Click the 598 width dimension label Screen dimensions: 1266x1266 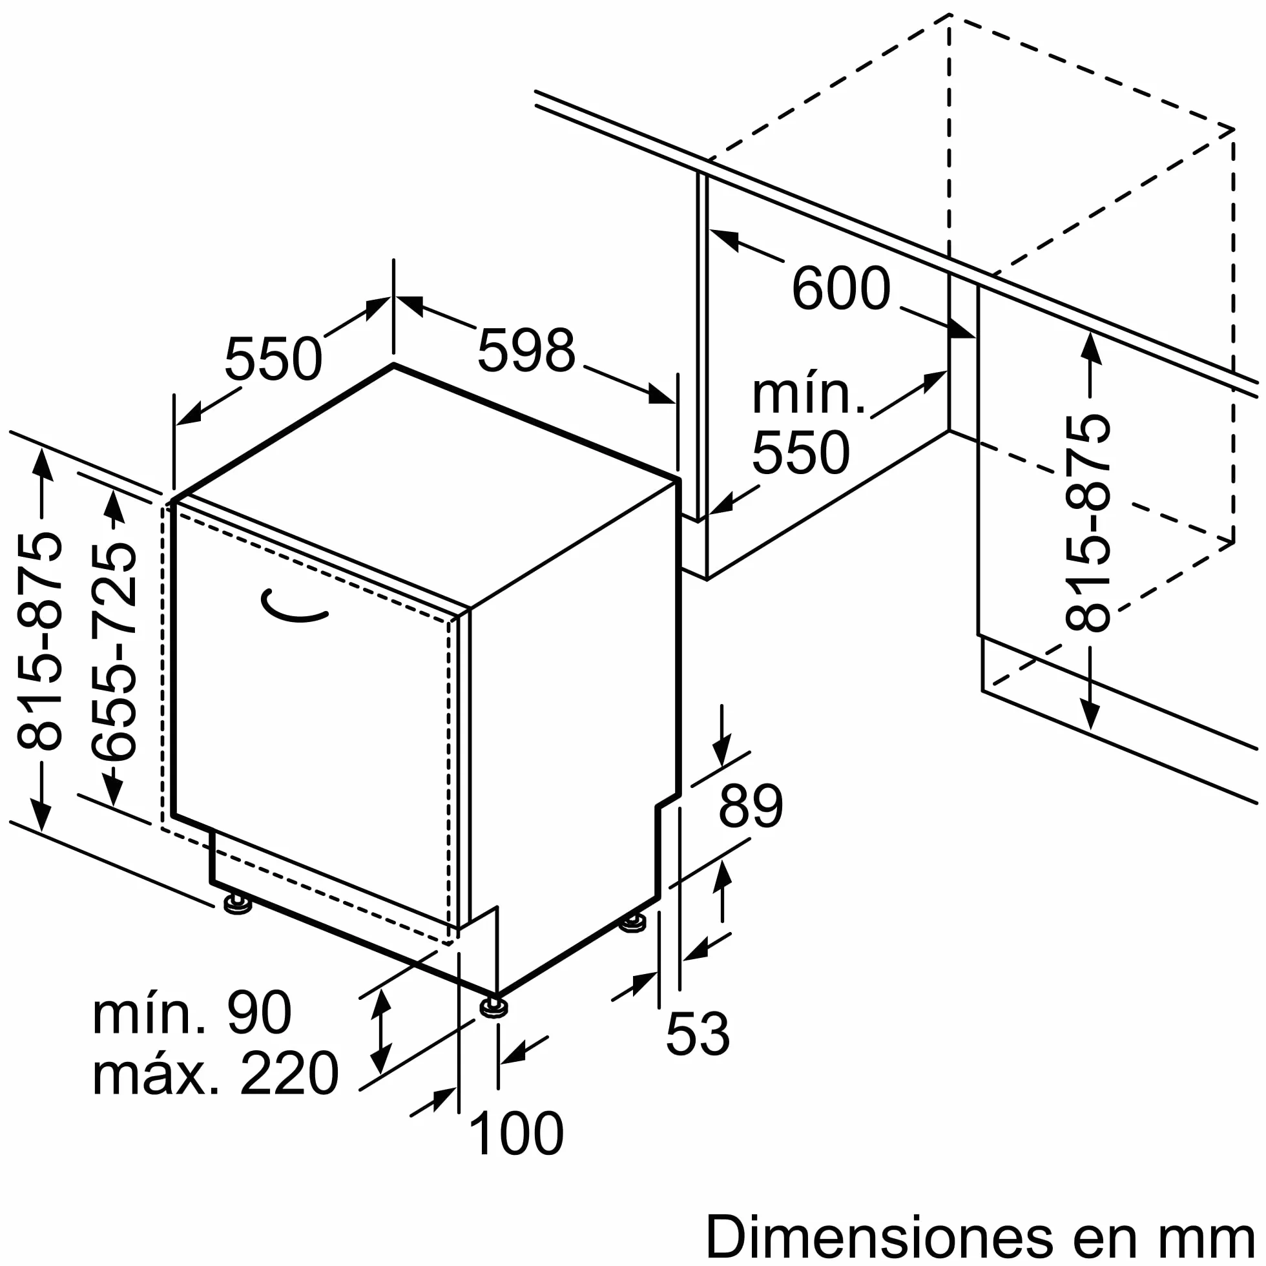pyautogui.click(x=526, y=351)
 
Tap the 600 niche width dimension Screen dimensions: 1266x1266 pyautogui.click(x=842, y=287)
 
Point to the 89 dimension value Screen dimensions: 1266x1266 pyautogui.click(x=751, y=806)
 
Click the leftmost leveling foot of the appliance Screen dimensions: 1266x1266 pyautogui.click(x=238, y=905)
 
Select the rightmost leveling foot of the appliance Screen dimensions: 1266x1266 pyautogui.click(x=633, y=922)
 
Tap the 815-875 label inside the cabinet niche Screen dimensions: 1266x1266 pyautogui.click(x=1088, y=523)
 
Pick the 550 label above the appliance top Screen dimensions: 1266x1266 pyautogui.click(x=273, y=359)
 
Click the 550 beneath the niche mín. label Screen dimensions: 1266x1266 pyautogui.click(x=801, y=452)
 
